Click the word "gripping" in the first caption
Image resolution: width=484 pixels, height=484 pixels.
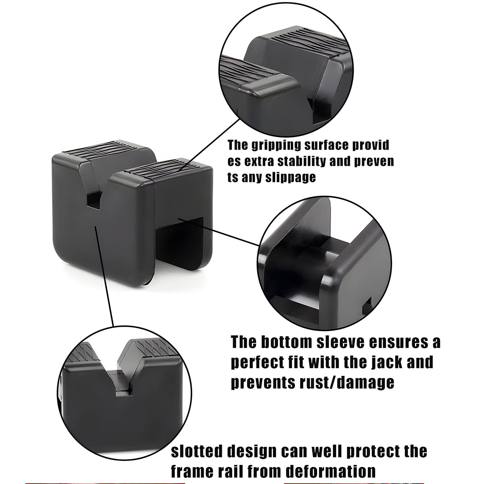tap(276, 146)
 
